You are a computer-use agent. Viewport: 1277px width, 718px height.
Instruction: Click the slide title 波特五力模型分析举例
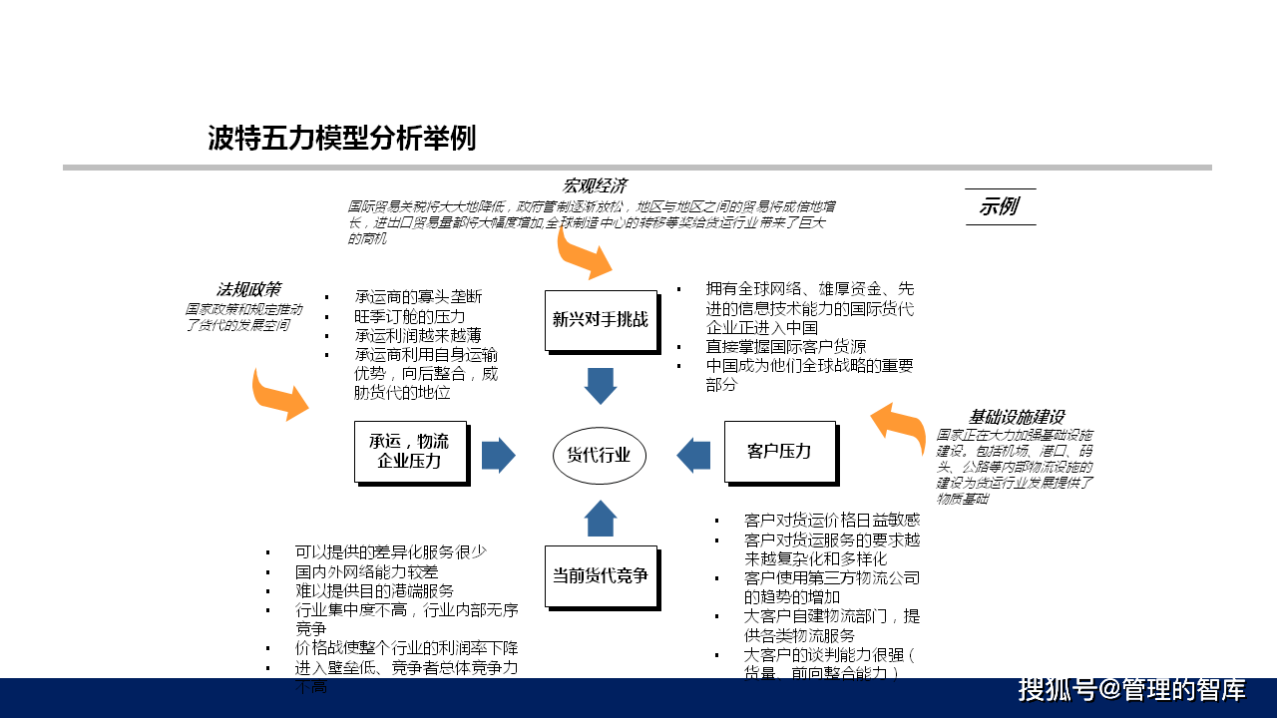coord(341,139)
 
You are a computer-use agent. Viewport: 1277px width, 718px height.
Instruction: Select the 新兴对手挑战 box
coord(601,320)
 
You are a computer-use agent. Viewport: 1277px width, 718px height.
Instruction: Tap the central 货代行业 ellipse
coord(600,455)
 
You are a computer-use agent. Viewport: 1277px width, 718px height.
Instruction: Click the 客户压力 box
coord(779,452)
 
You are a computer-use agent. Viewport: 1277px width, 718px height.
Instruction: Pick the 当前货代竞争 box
coord(601,575)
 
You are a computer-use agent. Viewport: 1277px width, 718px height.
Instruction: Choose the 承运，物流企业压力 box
coord(410,451)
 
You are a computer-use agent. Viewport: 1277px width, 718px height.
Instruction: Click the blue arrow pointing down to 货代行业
coord(601,385)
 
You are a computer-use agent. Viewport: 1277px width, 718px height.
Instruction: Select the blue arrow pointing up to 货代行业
coord(601,519)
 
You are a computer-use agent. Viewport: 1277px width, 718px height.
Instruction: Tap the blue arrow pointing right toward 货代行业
coord(498,455)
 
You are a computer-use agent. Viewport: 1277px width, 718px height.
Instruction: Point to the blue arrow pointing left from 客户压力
coord(693,455)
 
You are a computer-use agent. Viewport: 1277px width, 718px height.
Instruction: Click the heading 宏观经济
coord(595,185)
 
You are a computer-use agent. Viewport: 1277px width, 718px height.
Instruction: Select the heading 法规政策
coord(249,290)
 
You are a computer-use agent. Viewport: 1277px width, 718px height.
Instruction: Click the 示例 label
coord(999,207)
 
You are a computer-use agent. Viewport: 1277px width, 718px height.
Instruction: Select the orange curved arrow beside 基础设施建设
coord(899,425)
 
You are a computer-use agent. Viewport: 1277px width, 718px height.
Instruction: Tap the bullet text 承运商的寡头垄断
coord(418,297)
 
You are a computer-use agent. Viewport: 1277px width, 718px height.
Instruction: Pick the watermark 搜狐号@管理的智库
coord(1131,690)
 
